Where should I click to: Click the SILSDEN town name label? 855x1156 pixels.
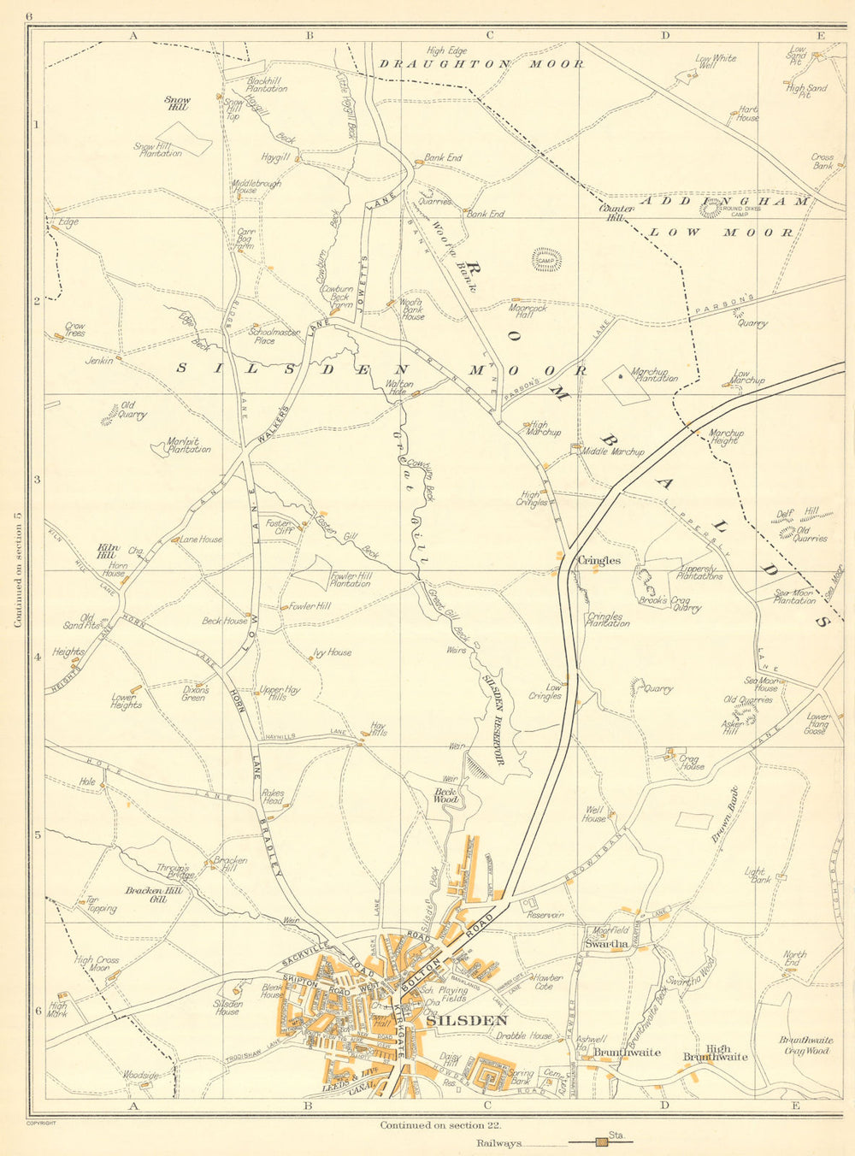point(467,1020)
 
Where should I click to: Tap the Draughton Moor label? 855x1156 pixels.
point(481,64)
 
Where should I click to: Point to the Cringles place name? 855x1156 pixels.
point(599,561)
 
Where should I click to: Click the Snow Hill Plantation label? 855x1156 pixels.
point(158,150)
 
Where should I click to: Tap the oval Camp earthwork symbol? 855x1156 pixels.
point(546,260)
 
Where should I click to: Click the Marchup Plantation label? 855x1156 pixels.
point(654,375)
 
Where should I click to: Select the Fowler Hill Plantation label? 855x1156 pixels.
point(351,580)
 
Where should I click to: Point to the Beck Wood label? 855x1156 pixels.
point(447,796)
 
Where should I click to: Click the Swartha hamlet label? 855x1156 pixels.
point(606,944)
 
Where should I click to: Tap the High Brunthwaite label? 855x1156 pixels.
point(715,1053)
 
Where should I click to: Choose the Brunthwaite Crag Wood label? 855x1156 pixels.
point(805,1045)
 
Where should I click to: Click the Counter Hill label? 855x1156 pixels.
point(617,213)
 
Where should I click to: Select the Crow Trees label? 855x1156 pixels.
point(75,329)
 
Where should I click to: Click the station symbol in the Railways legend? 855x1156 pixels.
point(604,1142)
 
